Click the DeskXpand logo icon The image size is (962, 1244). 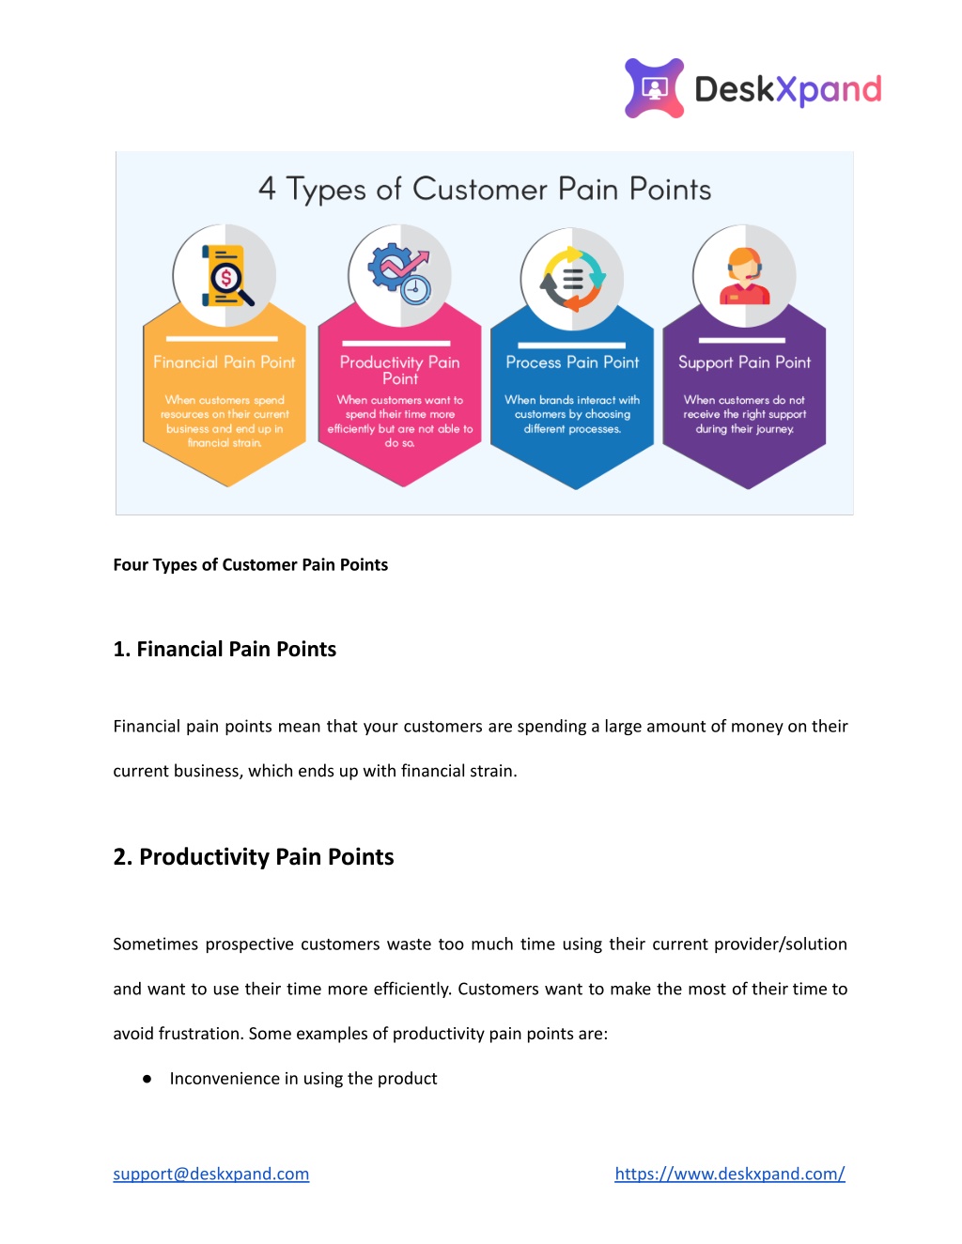pos(654,88)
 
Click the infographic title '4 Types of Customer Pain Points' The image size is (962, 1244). pos(485,189)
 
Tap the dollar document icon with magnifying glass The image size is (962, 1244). pos(227,275)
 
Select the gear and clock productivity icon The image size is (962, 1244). pos(399,273)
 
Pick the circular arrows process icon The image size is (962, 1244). pos(573,279)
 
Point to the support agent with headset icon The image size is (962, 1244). pos(744,275)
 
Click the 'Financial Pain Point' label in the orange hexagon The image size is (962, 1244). pos(225,361)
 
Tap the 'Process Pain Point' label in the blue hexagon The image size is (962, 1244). pos(572,361)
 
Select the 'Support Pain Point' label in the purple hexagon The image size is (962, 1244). pos(744,362)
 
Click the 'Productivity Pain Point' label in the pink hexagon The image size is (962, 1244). pos(399,370)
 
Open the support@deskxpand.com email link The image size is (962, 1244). pos(210,1175)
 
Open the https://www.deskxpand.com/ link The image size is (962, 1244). pos(730,1175)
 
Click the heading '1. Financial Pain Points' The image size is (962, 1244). pos(225,649)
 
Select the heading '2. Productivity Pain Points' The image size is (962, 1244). pos(253,857)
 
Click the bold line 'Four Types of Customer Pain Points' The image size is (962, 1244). pos(250,565)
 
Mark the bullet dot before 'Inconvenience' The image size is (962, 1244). pos(147,1079)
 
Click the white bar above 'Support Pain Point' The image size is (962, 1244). pos(741,341)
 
